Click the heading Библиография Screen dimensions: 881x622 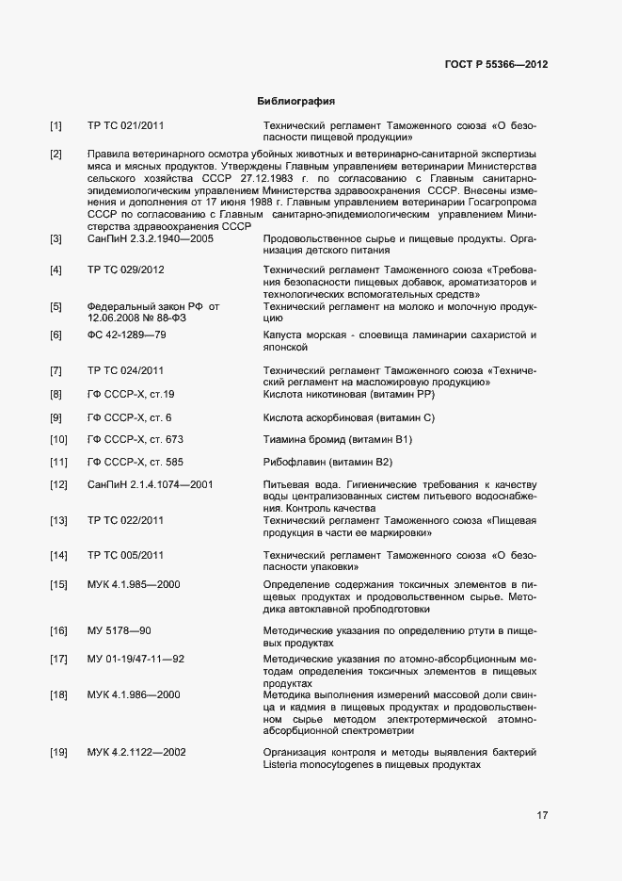click(296, 101)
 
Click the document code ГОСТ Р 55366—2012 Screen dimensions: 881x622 click(496, 64)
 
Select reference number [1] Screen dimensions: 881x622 click(56, 125)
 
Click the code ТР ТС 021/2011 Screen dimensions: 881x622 click(125, 125)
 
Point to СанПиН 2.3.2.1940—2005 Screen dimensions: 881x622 click(150, 239)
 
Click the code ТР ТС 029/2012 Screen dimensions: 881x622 click(125, 270)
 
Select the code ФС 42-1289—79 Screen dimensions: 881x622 click(126, 335)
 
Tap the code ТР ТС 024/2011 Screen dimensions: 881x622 click(125, 369)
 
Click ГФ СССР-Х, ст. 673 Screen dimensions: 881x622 click(135, 439)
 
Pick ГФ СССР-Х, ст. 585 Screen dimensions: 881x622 click(135, 462)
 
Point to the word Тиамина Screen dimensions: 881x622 click(286, 439)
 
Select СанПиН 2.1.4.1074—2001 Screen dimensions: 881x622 click(150, 484)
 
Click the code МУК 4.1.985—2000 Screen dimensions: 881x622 click(134, 584)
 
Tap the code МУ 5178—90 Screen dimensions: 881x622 click(120, 629)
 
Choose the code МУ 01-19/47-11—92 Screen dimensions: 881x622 click(136, 658)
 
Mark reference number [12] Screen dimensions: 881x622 click(58, 484)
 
